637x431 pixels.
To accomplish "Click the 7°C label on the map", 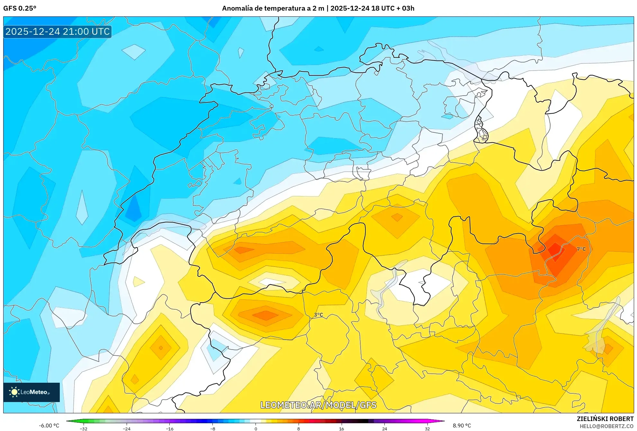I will (581, 249).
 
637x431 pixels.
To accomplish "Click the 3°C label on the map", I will (318, 315).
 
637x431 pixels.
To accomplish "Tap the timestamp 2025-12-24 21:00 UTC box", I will (58, 32).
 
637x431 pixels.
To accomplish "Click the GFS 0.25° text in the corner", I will (20, 8).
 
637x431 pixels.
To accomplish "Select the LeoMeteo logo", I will (31, 392).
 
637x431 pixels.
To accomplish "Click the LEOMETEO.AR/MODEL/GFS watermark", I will (318, 405).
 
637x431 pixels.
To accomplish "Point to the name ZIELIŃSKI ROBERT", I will (605, 419).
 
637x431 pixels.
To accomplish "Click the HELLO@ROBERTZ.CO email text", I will (606, 426).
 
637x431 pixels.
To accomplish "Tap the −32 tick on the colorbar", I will (83, 428).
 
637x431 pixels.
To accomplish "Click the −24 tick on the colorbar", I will (126, 428).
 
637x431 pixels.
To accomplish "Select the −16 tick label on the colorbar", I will (169, 428).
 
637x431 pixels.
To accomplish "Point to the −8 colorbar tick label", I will (212, 428).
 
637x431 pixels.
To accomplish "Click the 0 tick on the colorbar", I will (256, 428).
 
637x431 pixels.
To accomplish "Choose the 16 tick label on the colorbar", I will (341, 428).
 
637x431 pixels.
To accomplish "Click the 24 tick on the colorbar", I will (384, 428).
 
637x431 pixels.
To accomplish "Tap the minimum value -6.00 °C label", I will (49, 426).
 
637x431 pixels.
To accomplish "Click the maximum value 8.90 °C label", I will (462, 426).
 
